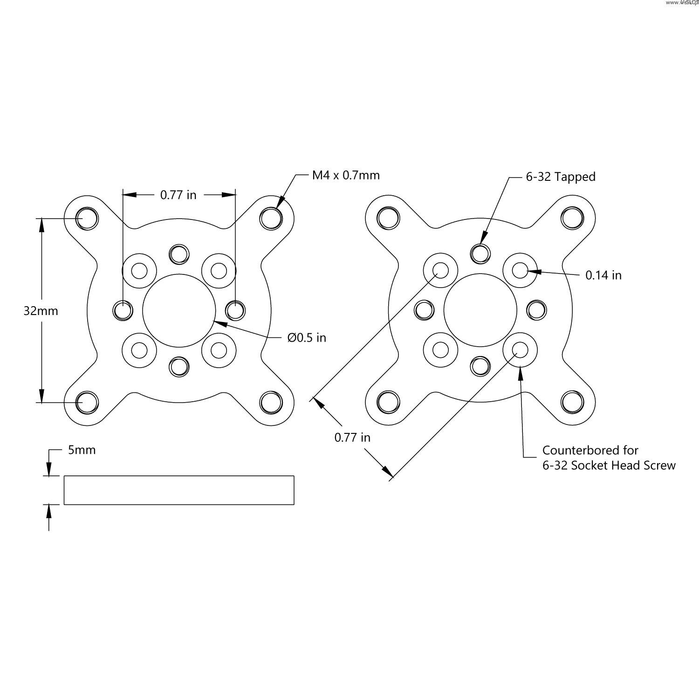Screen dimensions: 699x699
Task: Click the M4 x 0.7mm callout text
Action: click(346, 175)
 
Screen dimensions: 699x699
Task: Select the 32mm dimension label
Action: click(41, 311)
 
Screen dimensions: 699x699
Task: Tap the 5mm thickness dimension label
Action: click(82, 450)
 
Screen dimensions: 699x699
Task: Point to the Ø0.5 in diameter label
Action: click(307, 337)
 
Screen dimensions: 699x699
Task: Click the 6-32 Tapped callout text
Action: click(561, 177)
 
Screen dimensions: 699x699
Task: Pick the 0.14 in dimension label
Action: click(603, 275)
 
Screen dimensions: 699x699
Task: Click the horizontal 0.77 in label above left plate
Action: click(178, 195)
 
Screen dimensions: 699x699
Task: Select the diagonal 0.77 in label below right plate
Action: click(352, 437)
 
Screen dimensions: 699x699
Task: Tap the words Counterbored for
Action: click(590, 450)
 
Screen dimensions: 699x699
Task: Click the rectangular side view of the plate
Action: click(179, 490)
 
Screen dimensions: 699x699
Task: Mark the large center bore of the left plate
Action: click(179, 310)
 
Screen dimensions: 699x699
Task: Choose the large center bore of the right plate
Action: click(480, 310)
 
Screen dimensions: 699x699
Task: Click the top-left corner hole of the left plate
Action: click(87, 218)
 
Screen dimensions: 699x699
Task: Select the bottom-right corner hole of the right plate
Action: click(572, 402)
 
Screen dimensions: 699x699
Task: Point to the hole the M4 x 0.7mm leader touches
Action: click(271, 218)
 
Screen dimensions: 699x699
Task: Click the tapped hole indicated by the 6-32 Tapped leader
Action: click(480, 253)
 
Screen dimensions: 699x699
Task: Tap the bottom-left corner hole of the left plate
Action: click(87, 402)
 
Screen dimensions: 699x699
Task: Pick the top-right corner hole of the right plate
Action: click(572, 218)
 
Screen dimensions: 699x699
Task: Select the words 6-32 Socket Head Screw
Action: click(609, 465)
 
